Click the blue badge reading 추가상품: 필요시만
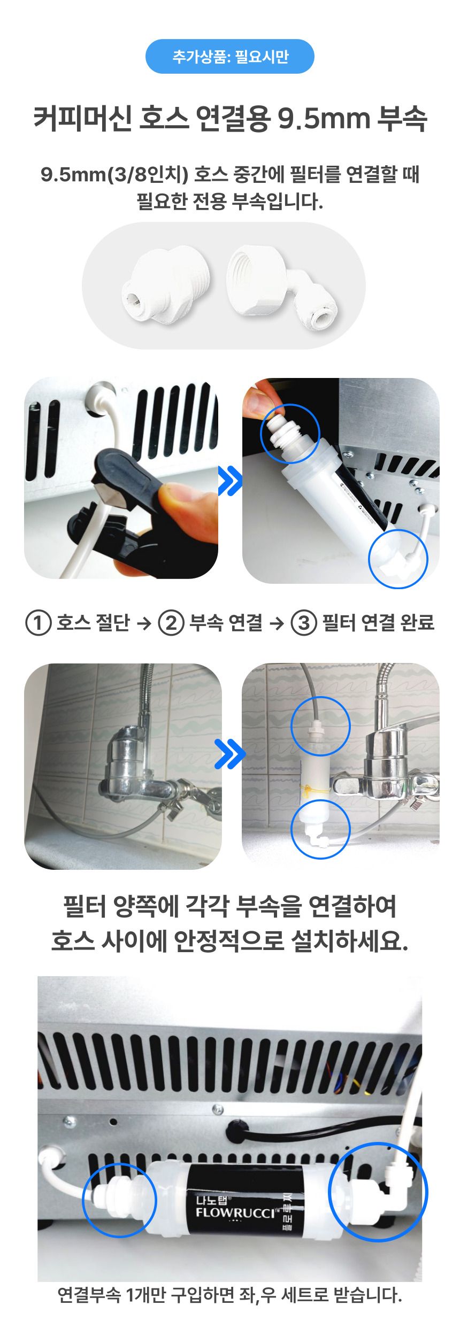[x=229, y=56]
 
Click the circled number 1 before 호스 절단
[x=38, y=623]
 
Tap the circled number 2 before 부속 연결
[x=171, y=623]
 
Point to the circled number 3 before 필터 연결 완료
[x=304, y=623]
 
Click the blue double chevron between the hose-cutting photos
[x=230, y=480]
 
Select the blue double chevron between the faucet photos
[x=229, y=754]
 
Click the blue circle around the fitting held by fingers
[x=290, y=433]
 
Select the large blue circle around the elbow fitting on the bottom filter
[x=378, y=1192]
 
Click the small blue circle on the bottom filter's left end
[x=119, y=1200]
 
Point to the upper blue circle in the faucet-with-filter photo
[x=320, y=726]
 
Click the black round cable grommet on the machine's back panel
[x=235, y=1126]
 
